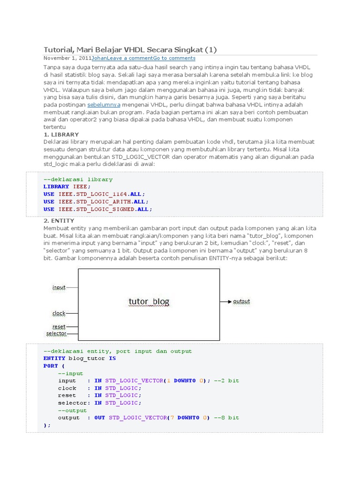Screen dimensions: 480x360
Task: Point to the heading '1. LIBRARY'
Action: [x=61, y=135]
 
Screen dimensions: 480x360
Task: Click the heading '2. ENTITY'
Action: [x=59, y=220]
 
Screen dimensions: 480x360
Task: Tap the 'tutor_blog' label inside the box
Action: [x=149, y=301]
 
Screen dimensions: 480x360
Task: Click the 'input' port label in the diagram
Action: [x=59, y=287]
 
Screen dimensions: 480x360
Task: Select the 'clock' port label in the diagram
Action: [x=59, y=313]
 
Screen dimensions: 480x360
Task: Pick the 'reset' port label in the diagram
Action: [x=59, y=326]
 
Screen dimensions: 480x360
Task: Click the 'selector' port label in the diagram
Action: [x=56, y=334]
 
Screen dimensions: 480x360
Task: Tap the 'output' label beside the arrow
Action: [x=241, y=301]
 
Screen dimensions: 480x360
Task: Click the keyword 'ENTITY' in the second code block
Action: [x=54, y=358]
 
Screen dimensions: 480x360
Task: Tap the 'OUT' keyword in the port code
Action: [x=99, y=418]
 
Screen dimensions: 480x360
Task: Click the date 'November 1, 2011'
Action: [x=67, y=58]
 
